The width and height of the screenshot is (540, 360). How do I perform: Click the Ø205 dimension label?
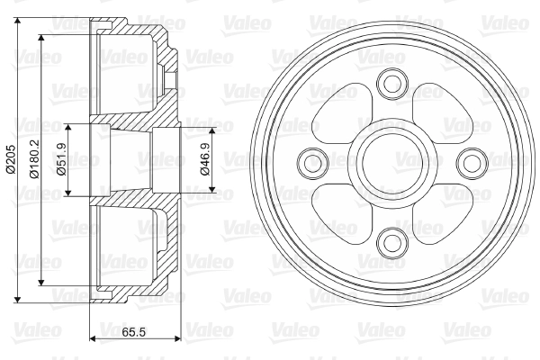pos(11,158)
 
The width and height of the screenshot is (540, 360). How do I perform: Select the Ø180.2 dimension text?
pos(34,158)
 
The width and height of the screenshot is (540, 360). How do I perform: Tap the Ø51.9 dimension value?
pos(62,159)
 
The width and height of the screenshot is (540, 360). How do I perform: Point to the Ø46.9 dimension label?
pos(204,158)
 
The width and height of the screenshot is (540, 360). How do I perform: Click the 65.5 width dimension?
pos(133,332)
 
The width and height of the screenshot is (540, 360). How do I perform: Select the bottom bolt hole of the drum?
pos(392,242)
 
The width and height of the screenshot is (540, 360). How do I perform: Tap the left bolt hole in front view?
pos(312,162)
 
